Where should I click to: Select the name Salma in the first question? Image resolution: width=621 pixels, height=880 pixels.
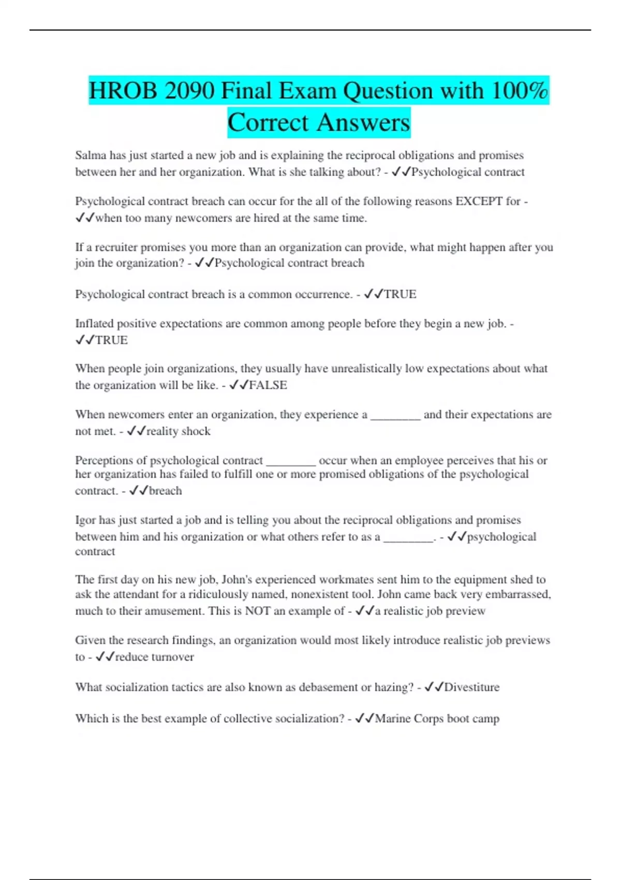click(91, 155)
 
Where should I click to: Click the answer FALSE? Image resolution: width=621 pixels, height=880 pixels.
click(268, 385)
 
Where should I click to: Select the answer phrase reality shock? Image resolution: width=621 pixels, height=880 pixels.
click(178, 431)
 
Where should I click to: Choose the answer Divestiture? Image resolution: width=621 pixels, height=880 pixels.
click(471, 687)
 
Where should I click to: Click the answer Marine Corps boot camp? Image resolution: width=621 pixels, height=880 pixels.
click(437, 718)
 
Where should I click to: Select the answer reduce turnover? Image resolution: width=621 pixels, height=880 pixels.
click(154, 657)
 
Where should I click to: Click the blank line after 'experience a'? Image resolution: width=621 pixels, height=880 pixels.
click(395, 415)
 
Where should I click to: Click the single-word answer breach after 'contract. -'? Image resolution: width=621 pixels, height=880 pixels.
click(165, 491)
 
